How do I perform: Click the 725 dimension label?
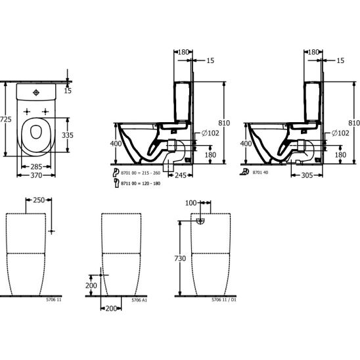[x=5, y=120]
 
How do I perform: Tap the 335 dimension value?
[x=68, y=135]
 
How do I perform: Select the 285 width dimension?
[x=36, y=166]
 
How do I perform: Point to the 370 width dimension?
[x=36, y=175]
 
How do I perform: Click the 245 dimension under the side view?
[x=181, y=175]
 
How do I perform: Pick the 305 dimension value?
[x=307, y=175]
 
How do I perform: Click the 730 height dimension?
[x=180, y=258]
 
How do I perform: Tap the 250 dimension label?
[x=39, y=200]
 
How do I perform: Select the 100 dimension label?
[x=191, y=203]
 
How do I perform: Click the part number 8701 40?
[x=260, y=172]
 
